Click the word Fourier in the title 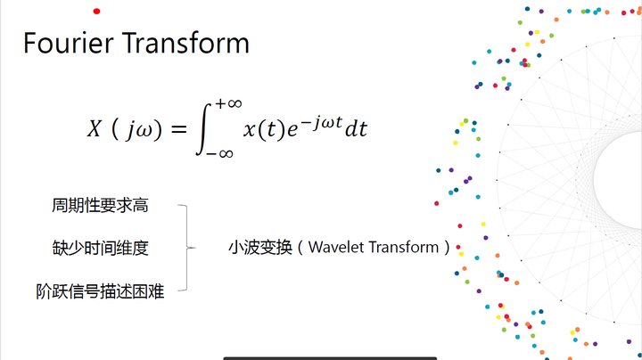click(69, 43)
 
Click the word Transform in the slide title click(185, 43)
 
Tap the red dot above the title click(96, 11)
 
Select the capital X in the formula click(95, 128)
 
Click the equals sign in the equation click(178, 129)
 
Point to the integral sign click(204, 129)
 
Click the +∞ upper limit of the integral click(228, 103)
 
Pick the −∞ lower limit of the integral click(219, 154)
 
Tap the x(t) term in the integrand click(264, 130)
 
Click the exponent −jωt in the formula click(322, 122)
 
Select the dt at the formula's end click(356, 129)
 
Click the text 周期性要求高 click(100, 205)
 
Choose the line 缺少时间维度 click(100, 249)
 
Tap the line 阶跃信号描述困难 click(100, 291)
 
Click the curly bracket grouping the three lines click(187, 248)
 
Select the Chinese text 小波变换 click(260, 248)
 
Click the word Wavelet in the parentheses click(336, 247)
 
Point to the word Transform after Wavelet click(403, 247)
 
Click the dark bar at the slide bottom click(330, 358)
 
